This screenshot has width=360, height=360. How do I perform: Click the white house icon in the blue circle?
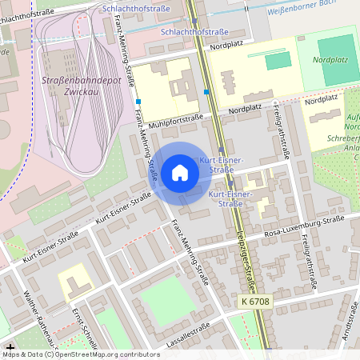[x=180, y=173]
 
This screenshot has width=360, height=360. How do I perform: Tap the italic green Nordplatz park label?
[x=330, y=60]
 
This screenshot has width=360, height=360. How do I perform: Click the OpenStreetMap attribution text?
[x=80, y=354]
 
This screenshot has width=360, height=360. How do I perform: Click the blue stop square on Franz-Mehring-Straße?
[x=138, y=102]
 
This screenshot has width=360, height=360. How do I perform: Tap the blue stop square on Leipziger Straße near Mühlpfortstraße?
[x=207, y=92]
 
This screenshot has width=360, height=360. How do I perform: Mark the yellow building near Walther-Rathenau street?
[x=73, y=281]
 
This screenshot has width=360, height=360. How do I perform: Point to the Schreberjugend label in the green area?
[x=343, y=138]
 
